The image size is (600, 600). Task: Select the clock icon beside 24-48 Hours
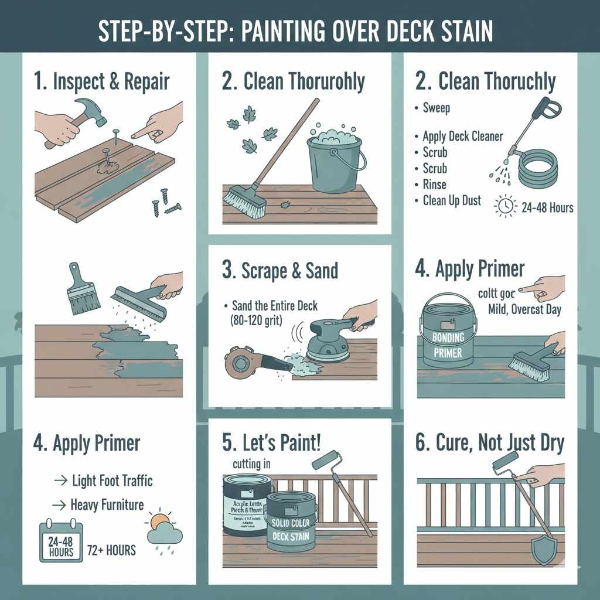506,206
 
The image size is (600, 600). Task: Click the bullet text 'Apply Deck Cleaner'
462,136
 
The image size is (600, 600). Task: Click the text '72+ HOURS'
111,550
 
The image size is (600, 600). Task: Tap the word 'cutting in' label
247,464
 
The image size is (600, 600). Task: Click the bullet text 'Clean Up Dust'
451,200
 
